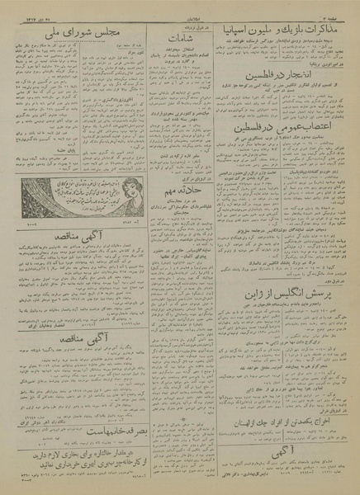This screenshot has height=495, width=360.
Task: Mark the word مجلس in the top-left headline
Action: pyautogui.click(x=95, y=32)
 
